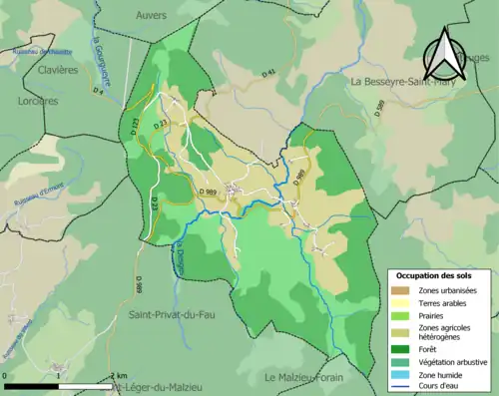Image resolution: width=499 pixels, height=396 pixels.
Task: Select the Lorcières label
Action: point(38,101)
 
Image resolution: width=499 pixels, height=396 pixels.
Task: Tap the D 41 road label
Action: point(268,73)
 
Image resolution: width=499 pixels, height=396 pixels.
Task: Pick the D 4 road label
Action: point(98,90)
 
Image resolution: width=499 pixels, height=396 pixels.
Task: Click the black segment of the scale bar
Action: point(33,384)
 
